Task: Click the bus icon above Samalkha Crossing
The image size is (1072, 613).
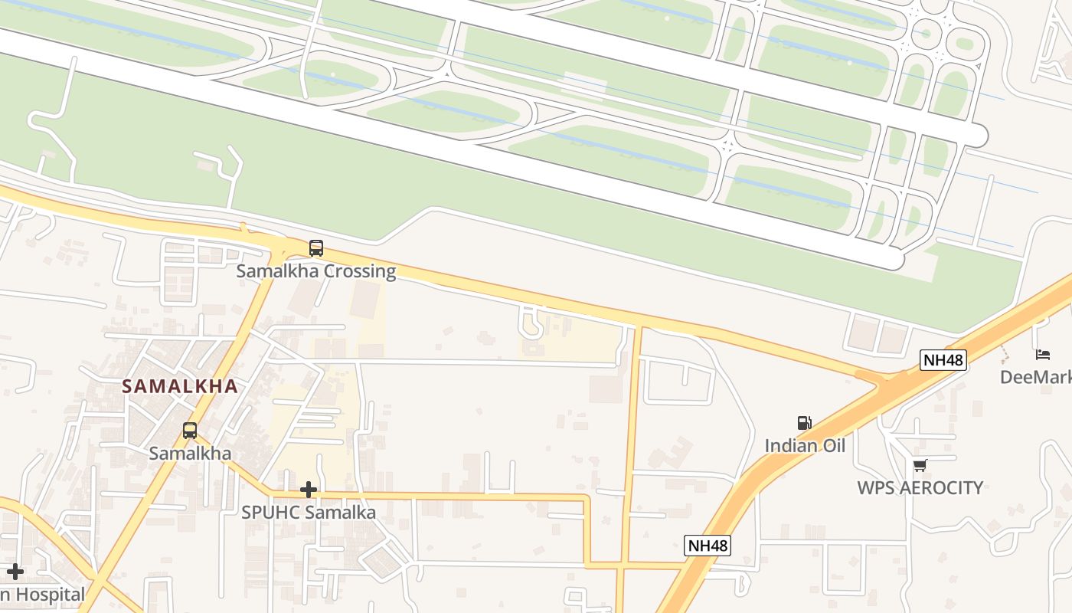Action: (315, 248)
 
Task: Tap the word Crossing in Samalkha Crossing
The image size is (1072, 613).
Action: (360, 271)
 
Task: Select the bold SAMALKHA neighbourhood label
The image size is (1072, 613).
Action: (180, 387)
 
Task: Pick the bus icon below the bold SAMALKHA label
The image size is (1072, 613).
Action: (189, 431)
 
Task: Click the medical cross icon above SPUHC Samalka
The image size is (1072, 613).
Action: (309, 489)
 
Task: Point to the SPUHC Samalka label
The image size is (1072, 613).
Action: (309, 513)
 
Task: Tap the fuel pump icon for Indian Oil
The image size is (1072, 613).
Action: (804, 423)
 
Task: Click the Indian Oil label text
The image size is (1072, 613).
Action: (805, 445)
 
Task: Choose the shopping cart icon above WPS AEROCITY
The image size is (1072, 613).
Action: (920, 465)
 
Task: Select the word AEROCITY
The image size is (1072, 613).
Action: (946, 488)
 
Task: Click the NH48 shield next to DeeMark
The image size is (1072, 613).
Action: (943, 359)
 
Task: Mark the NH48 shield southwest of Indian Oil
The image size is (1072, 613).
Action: (708, 546)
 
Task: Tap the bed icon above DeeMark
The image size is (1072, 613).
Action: (1043, 354)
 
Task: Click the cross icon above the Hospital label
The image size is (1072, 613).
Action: (15, 572)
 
